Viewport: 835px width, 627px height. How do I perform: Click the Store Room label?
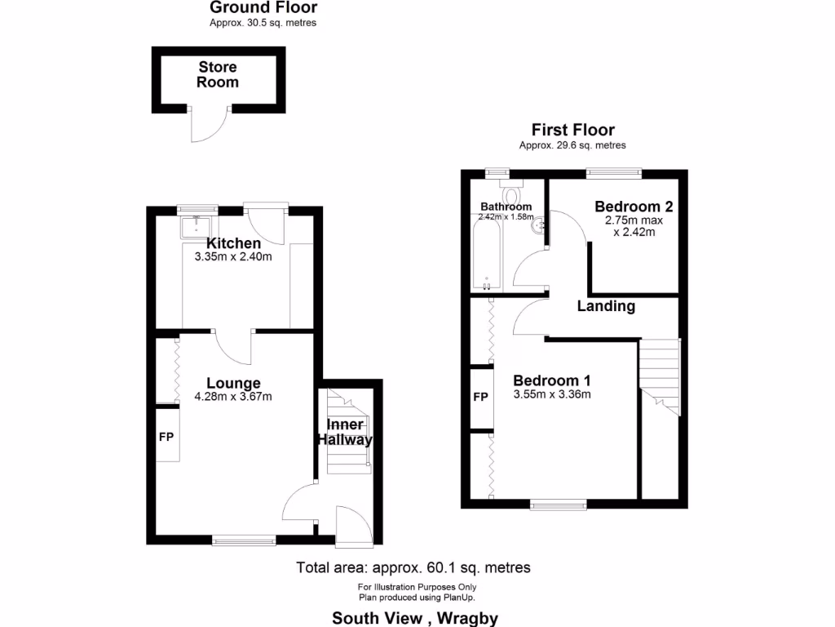coord(218,74)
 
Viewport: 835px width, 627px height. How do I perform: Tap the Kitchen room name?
coord(233,243)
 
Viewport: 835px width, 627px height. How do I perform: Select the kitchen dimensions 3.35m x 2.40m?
coord(233,256)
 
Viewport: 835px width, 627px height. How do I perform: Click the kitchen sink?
coord(196,225)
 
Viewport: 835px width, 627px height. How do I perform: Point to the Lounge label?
coord(233,383)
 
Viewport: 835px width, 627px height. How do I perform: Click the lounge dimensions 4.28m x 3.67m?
coord(233,397)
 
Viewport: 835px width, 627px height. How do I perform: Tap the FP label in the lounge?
coord(166,437)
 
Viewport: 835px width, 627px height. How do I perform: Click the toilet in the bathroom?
coord(513,193)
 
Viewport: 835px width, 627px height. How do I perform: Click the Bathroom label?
coord(506,207)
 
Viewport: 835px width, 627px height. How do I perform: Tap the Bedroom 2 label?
coord(634,207)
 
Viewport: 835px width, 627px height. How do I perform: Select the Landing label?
coord(606,306)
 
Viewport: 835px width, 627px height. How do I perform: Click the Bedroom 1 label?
coord(551,380)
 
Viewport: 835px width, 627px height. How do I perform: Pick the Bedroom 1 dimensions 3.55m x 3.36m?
coord(551,394)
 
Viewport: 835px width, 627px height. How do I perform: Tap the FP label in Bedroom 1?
coord(481,398)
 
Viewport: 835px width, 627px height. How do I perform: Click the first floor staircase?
coord(659,375)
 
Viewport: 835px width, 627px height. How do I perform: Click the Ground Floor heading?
coord(263,8)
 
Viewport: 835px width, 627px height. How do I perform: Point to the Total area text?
coord(413,567)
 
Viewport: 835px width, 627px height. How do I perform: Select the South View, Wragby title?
coord(415,618)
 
